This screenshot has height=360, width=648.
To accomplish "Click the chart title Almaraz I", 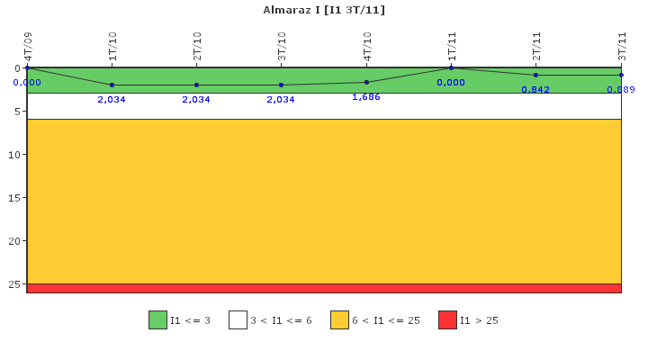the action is point(292,10).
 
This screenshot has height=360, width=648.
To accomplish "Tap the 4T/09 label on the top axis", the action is point(28,46).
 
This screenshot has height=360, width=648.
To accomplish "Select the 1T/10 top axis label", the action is point(112,46).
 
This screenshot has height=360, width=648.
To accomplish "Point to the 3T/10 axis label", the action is point(282,46).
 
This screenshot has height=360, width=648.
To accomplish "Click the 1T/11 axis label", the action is point(452,46).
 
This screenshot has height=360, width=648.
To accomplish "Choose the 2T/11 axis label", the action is point(536,46).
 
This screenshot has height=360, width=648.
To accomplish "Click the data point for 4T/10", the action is point(366,82).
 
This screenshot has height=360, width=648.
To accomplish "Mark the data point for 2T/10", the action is point(197,85).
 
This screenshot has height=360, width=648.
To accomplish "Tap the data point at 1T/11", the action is point(451,67).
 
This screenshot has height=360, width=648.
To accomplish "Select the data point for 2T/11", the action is point(536,76).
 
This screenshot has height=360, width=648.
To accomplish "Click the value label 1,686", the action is point(366,97).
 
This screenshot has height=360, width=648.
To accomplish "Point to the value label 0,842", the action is point(535,90).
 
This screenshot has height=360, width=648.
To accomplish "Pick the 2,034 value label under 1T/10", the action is point(112,100).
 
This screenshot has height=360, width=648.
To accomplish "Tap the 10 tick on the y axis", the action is point(14,155).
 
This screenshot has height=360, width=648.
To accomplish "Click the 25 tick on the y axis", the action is point(14,284).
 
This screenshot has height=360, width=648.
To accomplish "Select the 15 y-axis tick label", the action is point(14,198).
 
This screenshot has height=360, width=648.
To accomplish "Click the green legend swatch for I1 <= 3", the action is point(157,320).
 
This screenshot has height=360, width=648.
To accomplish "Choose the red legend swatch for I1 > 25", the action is point(447,320).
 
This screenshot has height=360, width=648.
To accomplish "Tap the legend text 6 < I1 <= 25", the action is point(386,320).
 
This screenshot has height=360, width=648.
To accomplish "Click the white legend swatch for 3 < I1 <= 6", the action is point(238,320).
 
